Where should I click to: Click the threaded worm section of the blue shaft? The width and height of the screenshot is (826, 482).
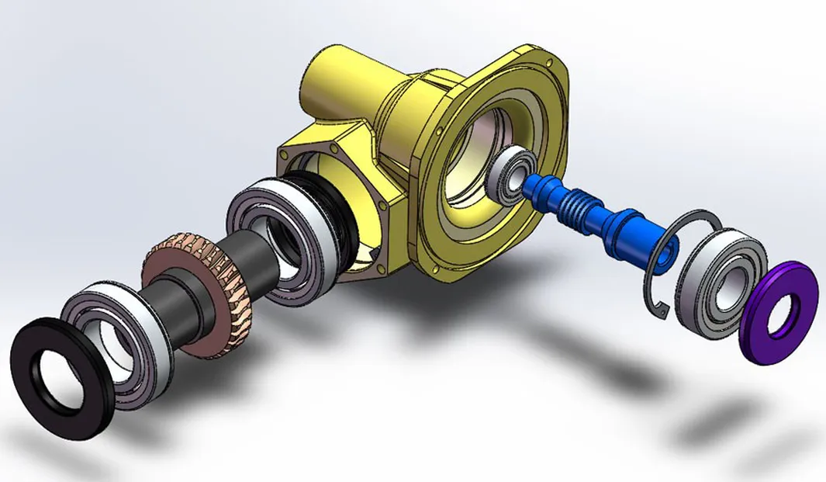click(585, 205)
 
